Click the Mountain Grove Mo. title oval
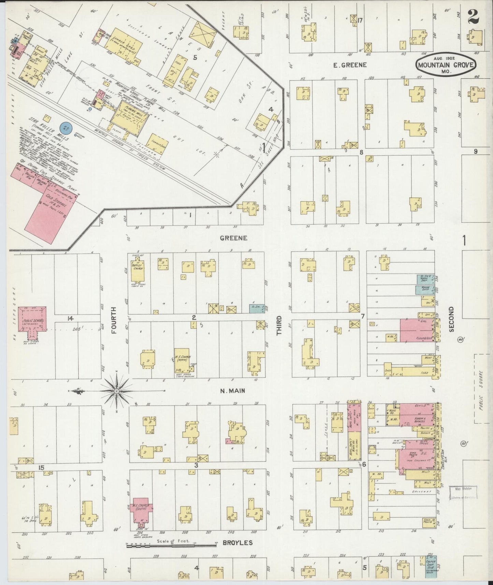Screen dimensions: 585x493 pos(445,65)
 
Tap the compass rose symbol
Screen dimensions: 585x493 pos(117,391)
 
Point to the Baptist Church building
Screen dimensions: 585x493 pos(138,269)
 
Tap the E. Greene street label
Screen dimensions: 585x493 pos(350,65)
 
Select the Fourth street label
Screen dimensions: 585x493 pos(114,320)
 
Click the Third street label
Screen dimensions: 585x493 pos(279,325)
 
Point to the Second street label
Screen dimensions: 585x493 pos(452,319)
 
